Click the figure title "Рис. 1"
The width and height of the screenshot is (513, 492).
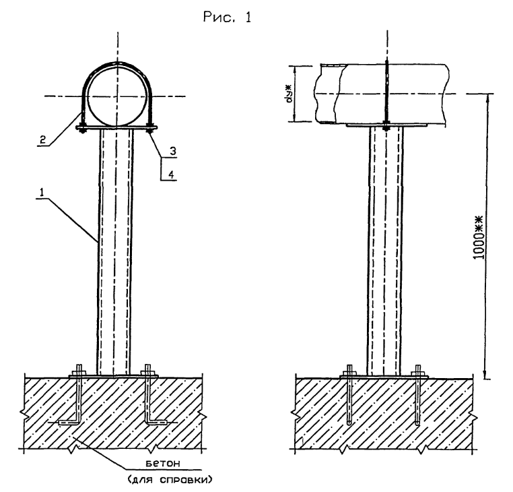coord(227,17)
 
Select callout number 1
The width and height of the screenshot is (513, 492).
coord(42,193)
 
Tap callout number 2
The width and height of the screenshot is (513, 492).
coord(42,140)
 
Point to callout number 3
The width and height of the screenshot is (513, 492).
coord(173,151)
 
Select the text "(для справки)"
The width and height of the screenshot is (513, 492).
coord(170,481)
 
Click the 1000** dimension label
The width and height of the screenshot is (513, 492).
coord(479,237)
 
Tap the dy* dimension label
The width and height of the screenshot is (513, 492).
coord(289,94)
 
